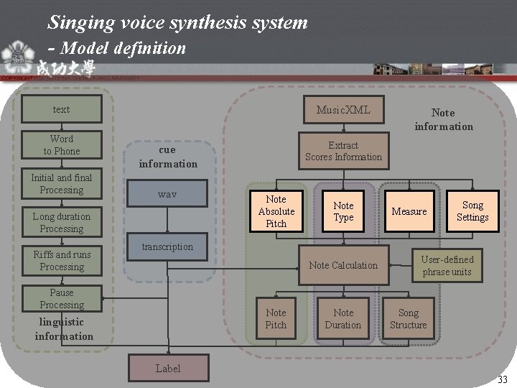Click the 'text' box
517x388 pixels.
(x=62, y=109)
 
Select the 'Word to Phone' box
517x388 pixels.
(x=62, y=144)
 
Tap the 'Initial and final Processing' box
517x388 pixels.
(x=62, y=183)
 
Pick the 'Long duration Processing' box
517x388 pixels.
(x=62, y=222)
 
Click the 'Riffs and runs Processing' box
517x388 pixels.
(x=62, y=260)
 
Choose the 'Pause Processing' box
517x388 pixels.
(x=62, y=299)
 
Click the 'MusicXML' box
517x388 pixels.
(x=343, y=110)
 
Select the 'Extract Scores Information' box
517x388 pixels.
(x=343, y=151)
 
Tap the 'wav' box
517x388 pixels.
(x=167, y=195)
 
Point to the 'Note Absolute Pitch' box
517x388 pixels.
(x=276, y=211)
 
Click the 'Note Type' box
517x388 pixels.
(x=343, y=211)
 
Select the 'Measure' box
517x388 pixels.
(x=409, y=211)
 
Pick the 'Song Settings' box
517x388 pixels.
(x=472, y=211)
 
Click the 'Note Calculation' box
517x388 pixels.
(x=343, y=265)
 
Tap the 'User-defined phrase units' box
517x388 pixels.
(x=447, y=265)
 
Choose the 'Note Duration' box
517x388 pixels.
(x=343, y=318)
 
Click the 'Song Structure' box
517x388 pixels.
(x=408, y=318)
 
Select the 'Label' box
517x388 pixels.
(x=168, y=369)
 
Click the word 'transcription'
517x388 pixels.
(x=167, y=246)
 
